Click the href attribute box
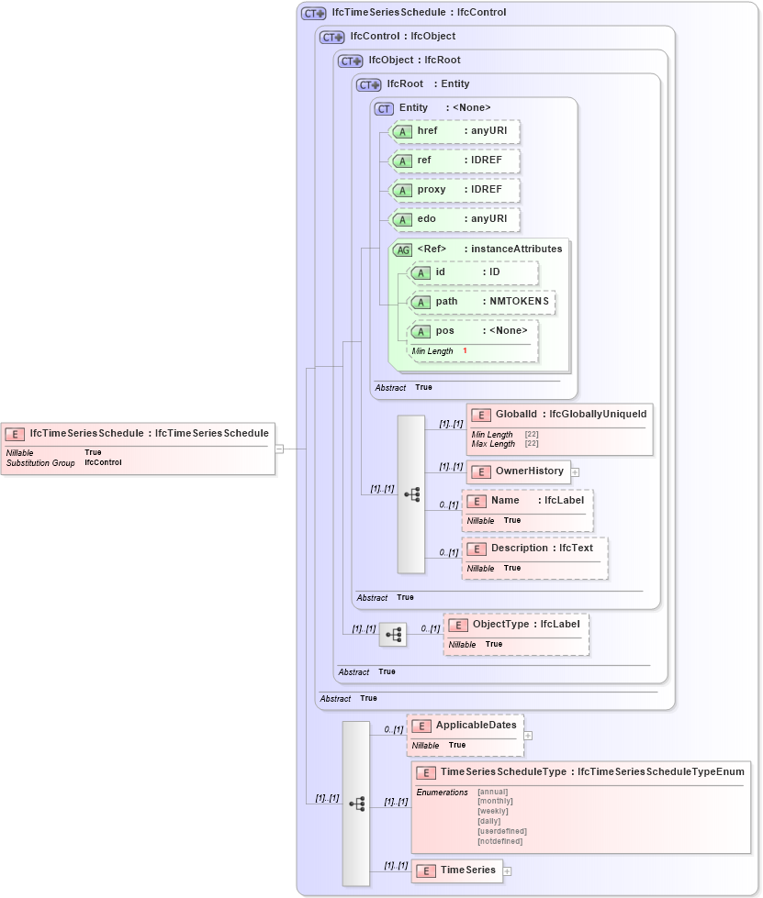click(x=454, y=131)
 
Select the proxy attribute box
click(x=454, y=190)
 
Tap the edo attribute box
click(x=454, y=219)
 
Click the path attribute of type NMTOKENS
click(x=481, y=302)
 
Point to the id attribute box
click(x=472, y=272)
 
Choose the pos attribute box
click(x=472, y=331)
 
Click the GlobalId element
click(x=559, y=416)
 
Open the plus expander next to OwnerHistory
click(x=576, y=472)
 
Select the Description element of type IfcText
click(x=533, y=549)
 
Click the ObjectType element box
click(x=516, y=625)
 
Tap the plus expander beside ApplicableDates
click(x=528, y=735)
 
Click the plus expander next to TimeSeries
click(x=507, y=870)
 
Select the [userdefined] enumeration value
click(x=501, y=831)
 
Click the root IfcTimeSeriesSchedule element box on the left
click(x=138, y=434)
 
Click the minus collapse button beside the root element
click(x=279, y=449)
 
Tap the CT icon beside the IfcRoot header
click(x=369, y=84)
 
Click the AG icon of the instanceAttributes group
click(x=402, y=249)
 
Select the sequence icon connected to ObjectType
click(x=393, y=634)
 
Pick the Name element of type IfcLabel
click(x=526, y=501)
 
